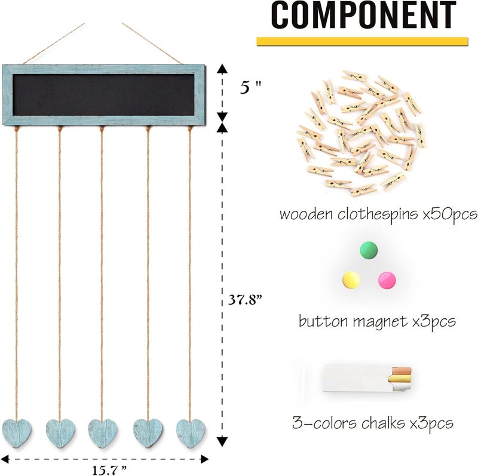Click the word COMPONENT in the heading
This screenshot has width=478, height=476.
(363, 14)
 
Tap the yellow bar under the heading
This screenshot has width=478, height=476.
(362, 41)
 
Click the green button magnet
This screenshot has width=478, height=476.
(369, 250)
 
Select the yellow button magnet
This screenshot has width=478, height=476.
(351, 280)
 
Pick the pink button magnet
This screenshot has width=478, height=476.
(387, 280)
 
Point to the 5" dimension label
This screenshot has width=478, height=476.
(250, 88)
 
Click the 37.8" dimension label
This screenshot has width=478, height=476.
(246, 300)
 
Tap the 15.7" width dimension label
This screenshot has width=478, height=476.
(109, 470)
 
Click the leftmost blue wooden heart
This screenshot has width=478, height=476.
(17, 433)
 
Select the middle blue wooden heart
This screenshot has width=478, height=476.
(103, 433)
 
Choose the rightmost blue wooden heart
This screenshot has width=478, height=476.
(191, 433)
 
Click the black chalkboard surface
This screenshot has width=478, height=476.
(103, 95)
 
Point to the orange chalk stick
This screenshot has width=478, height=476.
(402, 371)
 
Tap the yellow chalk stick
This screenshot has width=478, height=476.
(400, 379)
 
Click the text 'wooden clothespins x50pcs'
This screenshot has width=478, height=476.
(378, 214)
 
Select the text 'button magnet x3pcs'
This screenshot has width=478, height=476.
(377, 321)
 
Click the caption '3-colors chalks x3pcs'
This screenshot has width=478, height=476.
(373, 423)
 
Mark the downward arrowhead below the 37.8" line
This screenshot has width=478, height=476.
(222, 441)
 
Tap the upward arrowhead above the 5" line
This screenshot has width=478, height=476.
(222, 69)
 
